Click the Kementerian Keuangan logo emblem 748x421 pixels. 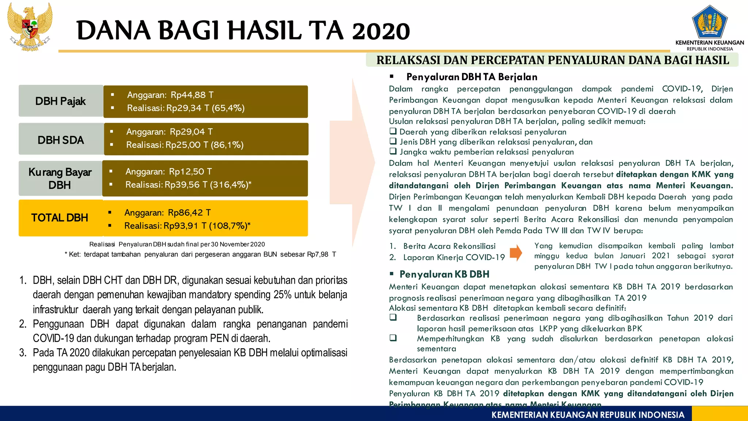pyautogui.click(x=709, y=22)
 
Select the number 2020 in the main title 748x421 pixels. pyautogui.click(x=381, y=31)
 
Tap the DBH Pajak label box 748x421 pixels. pyautogui.click(x=61, y=101)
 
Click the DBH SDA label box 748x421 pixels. pyautogui.click(x=61, y=140)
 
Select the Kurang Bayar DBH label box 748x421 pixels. pyautogui.click(x=60, y=178)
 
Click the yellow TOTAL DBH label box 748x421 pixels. pyautogui.click(x=60, y=218)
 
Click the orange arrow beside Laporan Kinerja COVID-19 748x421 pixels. pyautogui.click(x=516, y=253)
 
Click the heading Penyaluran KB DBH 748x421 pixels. pyautogui.click(x=444, y=274)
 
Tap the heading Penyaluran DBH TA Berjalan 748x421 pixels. pyautogui.click(x=472, y=77)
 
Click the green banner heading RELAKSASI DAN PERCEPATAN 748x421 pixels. pyautogui.click(x=552, y=60)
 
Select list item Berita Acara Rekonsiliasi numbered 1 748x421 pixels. pyautogui.click(x=449, y=246)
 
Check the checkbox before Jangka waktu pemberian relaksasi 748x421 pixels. pyautogui.click(x=393, y=151)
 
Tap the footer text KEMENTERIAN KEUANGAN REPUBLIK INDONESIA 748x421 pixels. pyautogui.click(x=588, y=415)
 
